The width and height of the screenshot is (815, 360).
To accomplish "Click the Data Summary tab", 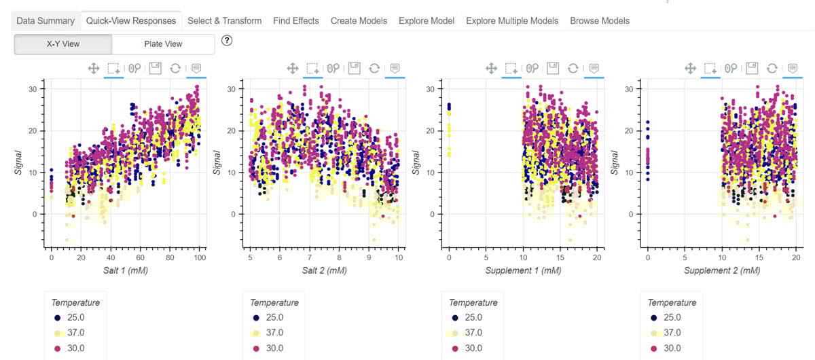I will pyautogui.click(x=46, y=21).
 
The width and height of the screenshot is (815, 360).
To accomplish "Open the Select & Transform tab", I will pyautogui.click(x=224, y=21).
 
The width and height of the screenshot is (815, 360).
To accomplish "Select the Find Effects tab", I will pyautogui.click(x=295, y=21).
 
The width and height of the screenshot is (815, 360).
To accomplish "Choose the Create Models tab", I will pyautogui.click(x=359, y=21).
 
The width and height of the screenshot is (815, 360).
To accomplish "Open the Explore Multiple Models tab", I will pyautogui.click(x=512, y=21).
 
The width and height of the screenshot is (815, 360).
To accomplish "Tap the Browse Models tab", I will pyautogui.click(x=599, y=21).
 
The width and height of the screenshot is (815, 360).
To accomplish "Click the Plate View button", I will pyautogui.click(x=163, y=44).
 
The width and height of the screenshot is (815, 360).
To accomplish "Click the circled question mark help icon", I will pyautogui.click(x=228, y=41).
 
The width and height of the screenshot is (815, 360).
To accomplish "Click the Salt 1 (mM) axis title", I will pyautogui.click(x=125, y=270).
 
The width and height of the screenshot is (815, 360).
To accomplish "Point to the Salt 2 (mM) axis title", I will pyautogui.click(x=324, y=270).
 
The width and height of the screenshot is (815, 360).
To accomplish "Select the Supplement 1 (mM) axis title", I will pyautogui.click(x=523, y=270).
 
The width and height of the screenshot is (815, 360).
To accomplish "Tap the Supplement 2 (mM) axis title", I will pyautogui.click(x=722, y=270).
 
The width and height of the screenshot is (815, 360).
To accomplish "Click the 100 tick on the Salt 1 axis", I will pyautogui.click(x=200, y=258).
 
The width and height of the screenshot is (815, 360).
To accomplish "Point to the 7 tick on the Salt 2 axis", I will pyautogui.click(x=309, y=258).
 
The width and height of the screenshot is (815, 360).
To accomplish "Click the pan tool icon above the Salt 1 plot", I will pyautogui.click(x=94, y=68).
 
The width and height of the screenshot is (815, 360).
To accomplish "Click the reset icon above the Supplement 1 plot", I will pyautogui.click(x=573, y=68).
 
